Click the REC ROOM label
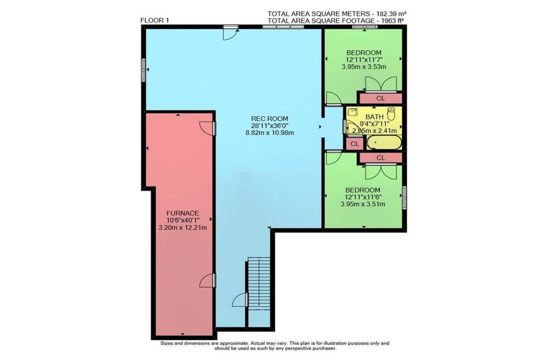269,119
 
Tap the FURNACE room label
183,213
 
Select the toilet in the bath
391,114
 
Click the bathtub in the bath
384,143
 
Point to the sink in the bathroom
353,112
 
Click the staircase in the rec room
259,284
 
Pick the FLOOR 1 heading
155,21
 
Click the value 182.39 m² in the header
388,13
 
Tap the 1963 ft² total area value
392,21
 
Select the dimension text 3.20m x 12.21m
183,227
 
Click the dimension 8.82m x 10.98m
270,132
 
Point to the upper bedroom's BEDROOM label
364,53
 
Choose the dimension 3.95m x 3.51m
363,204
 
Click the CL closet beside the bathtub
354,144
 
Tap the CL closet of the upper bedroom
381,98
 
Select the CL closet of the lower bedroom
381,157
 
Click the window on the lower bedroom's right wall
405,198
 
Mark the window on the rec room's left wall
143,70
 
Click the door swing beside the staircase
239,300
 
